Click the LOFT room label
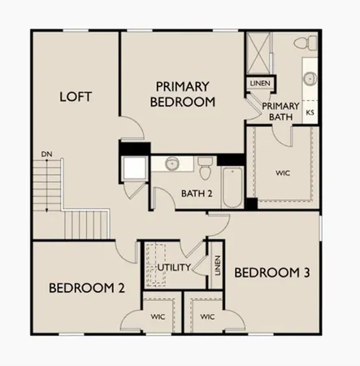(x=76, y=97)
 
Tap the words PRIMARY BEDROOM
(x=184, y=94)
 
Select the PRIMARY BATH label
(x=280, y=111)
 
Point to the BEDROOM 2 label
(x=86, y=287)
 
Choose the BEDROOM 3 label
(x=271, y=272)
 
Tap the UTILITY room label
(x=174, y=267)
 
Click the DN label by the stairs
(x=46, y=154)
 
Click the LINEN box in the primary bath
(x=258, y=83)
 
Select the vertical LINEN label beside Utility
(x=217, y=265)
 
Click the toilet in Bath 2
(x=206, y=168)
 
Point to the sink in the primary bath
(x=310, y=79)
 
